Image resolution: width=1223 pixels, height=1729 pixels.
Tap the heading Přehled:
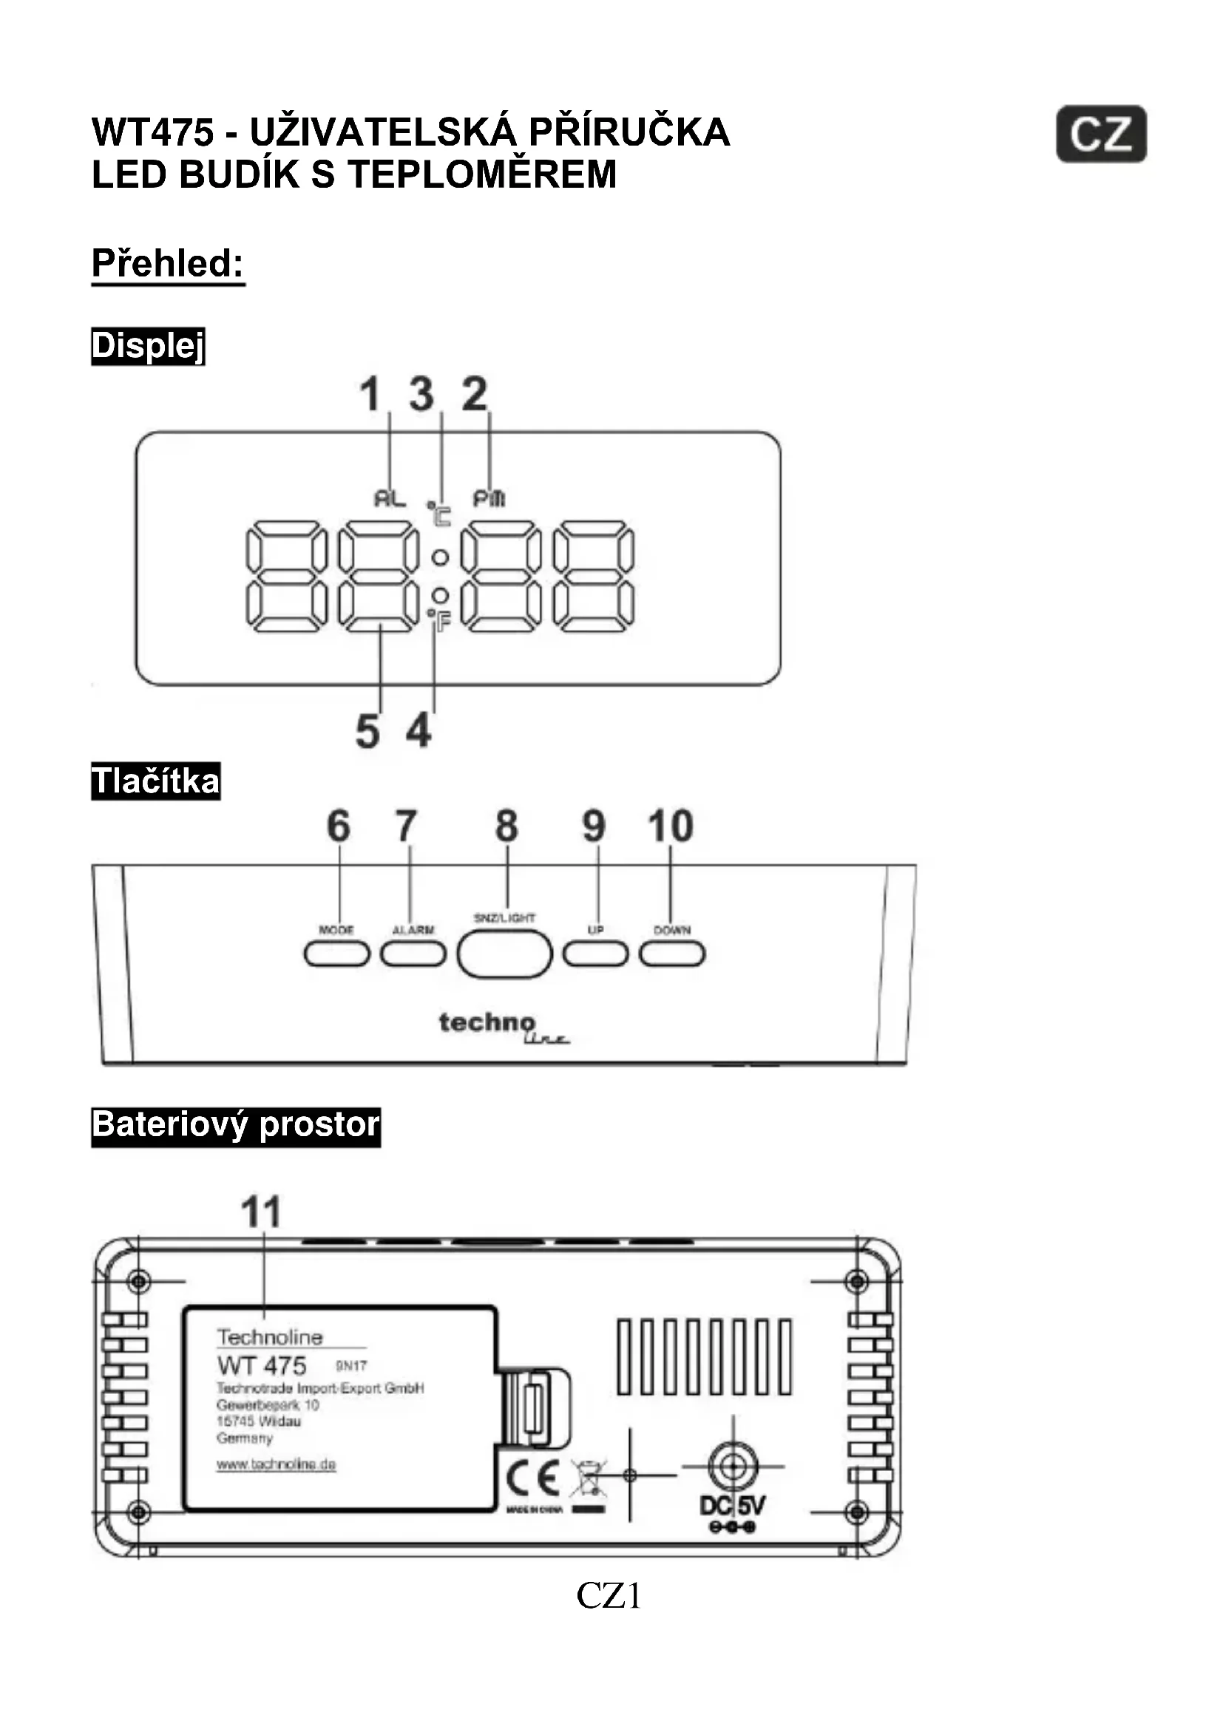(168, 264)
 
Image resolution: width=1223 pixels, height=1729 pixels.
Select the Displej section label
(148, 347)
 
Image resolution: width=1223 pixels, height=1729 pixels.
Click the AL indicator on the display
(390, 497)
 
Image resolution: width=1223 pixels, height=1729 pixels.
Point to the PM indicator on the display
(489, 497)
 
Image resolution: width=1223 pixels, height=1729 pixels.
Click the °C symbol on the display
(439, 514)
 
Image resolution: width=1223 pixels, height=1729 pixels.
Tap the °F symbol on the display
(439, 620)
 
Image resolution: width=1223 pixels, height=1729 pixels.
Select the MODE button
(336, 954)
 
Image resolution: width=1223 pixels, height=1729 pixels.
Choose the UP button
(595, 954)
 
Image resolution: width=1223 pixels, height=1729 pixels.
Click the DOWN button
(671, 954)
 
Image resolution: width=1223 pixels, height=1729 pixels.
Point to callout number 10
(670, 826)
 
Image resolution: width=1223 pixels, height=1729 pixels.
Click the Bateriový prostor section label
(236, 1127)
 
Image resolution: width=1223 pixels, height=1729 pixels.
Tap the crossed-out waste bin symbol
(588, 1479)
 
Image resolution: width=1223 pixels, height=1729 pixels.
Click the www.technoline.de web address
(276, 1464)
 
